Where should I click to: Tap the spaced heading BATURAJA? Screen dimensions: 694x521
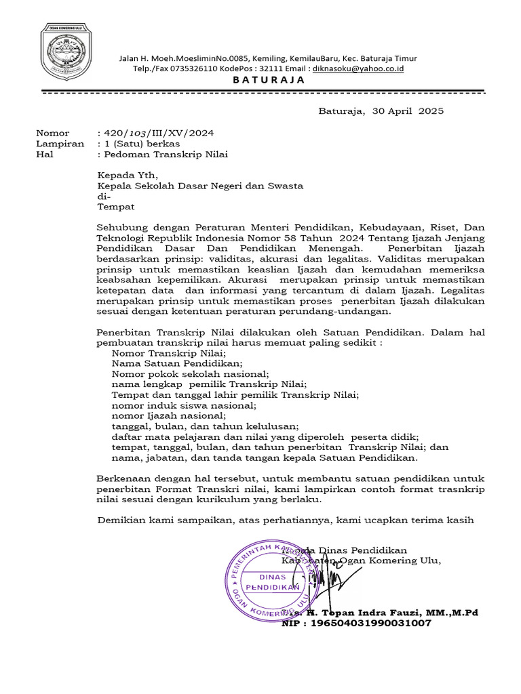(x=269, y=80)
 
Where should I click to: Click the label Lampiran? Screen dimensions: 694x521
(x=60, y=144)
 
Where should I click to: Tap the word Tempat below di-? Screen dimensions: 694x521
(x=116, y=207)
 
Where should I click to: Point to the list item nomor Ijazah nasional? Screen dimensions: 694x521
(x=168, y=415)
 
